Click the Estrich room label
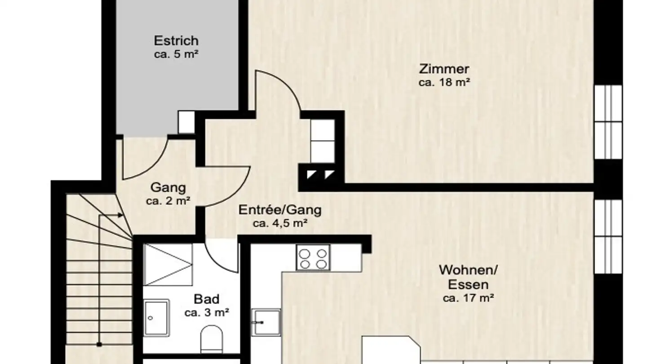[x=176, y=40]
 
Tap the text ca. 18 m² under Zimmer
[x=444, y=82]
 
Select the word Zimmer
[x=444, y=69]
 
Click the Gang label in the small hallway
[x=168, y=187]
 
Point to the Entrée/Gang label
[x=279, y=210]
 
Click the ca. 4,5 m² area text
[x=279, y=223]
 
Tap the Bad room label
[x=207, y=299]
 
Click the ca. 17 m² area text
[x=468, y=297]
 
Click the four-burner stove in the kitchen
[x=313, y=258]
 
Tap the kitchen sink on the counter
[x=266, y=322]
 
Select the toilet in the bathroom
[x=211, y=338]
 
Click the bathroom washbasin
[x=156, y=318]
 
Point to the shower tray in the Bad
[x=168, y=264]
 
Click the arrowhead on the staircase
[x=120, y=215]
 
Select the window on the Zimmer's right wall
[x=608, y=121]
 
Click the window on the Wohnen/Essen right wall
[x=608, y=236]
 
